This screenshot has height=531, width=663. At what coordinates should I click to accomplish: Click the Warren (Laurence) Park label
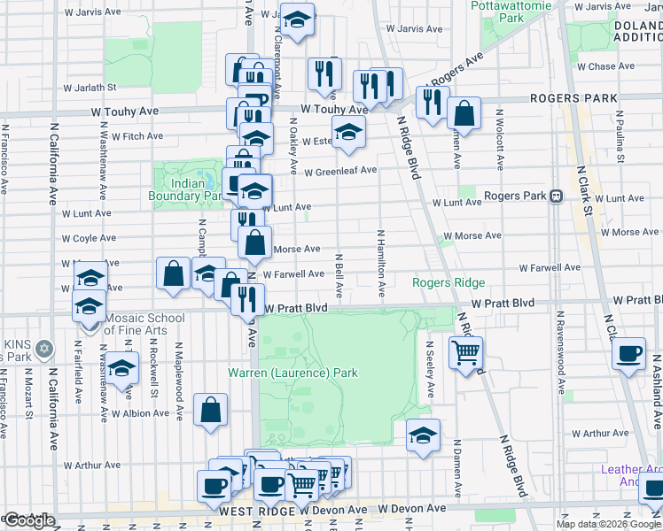[x=293, y=373]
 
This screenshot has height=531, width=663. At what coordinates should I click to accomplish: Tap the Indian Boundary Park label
[x=187, y=189]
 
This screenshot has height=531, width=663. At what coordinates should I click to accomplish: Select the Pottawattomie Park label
[x=510, y=11]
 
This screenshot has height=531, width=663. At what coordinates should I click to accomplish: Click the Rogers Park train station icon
[x=557, y=196]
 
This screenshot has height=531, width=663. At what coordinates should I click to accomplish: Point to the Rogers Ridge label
[x=448, y=282]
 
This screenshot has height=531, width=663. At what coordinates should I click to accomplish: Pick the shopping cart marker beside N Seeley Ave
[x=465, y=353]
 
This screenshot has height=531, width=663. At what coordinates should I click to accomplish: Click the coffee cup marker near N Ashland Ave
[x=629, y=354]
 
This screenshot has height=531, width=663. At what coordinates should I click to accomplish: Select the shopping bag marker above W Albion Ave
[x=211, y=410]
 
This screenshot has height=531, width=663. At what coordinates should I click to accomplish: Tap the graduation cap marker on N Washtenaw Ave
[x=123, y=369]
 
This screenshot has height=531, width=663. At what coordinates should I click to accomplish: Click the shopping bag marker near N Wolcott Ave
[x=464, y=112]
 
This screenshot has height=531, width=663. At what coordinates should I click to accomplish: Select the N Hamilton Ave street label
[x=380, y=263]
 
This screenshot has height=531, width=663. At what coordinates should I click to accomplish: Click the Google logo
[x=29, y=520]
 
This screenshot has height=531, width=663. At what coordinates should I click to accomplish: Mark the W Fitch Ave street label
[x=132, y=136]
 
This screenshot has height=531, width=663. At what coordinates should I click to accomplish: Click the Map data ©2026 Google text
[x=607, y=524]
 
